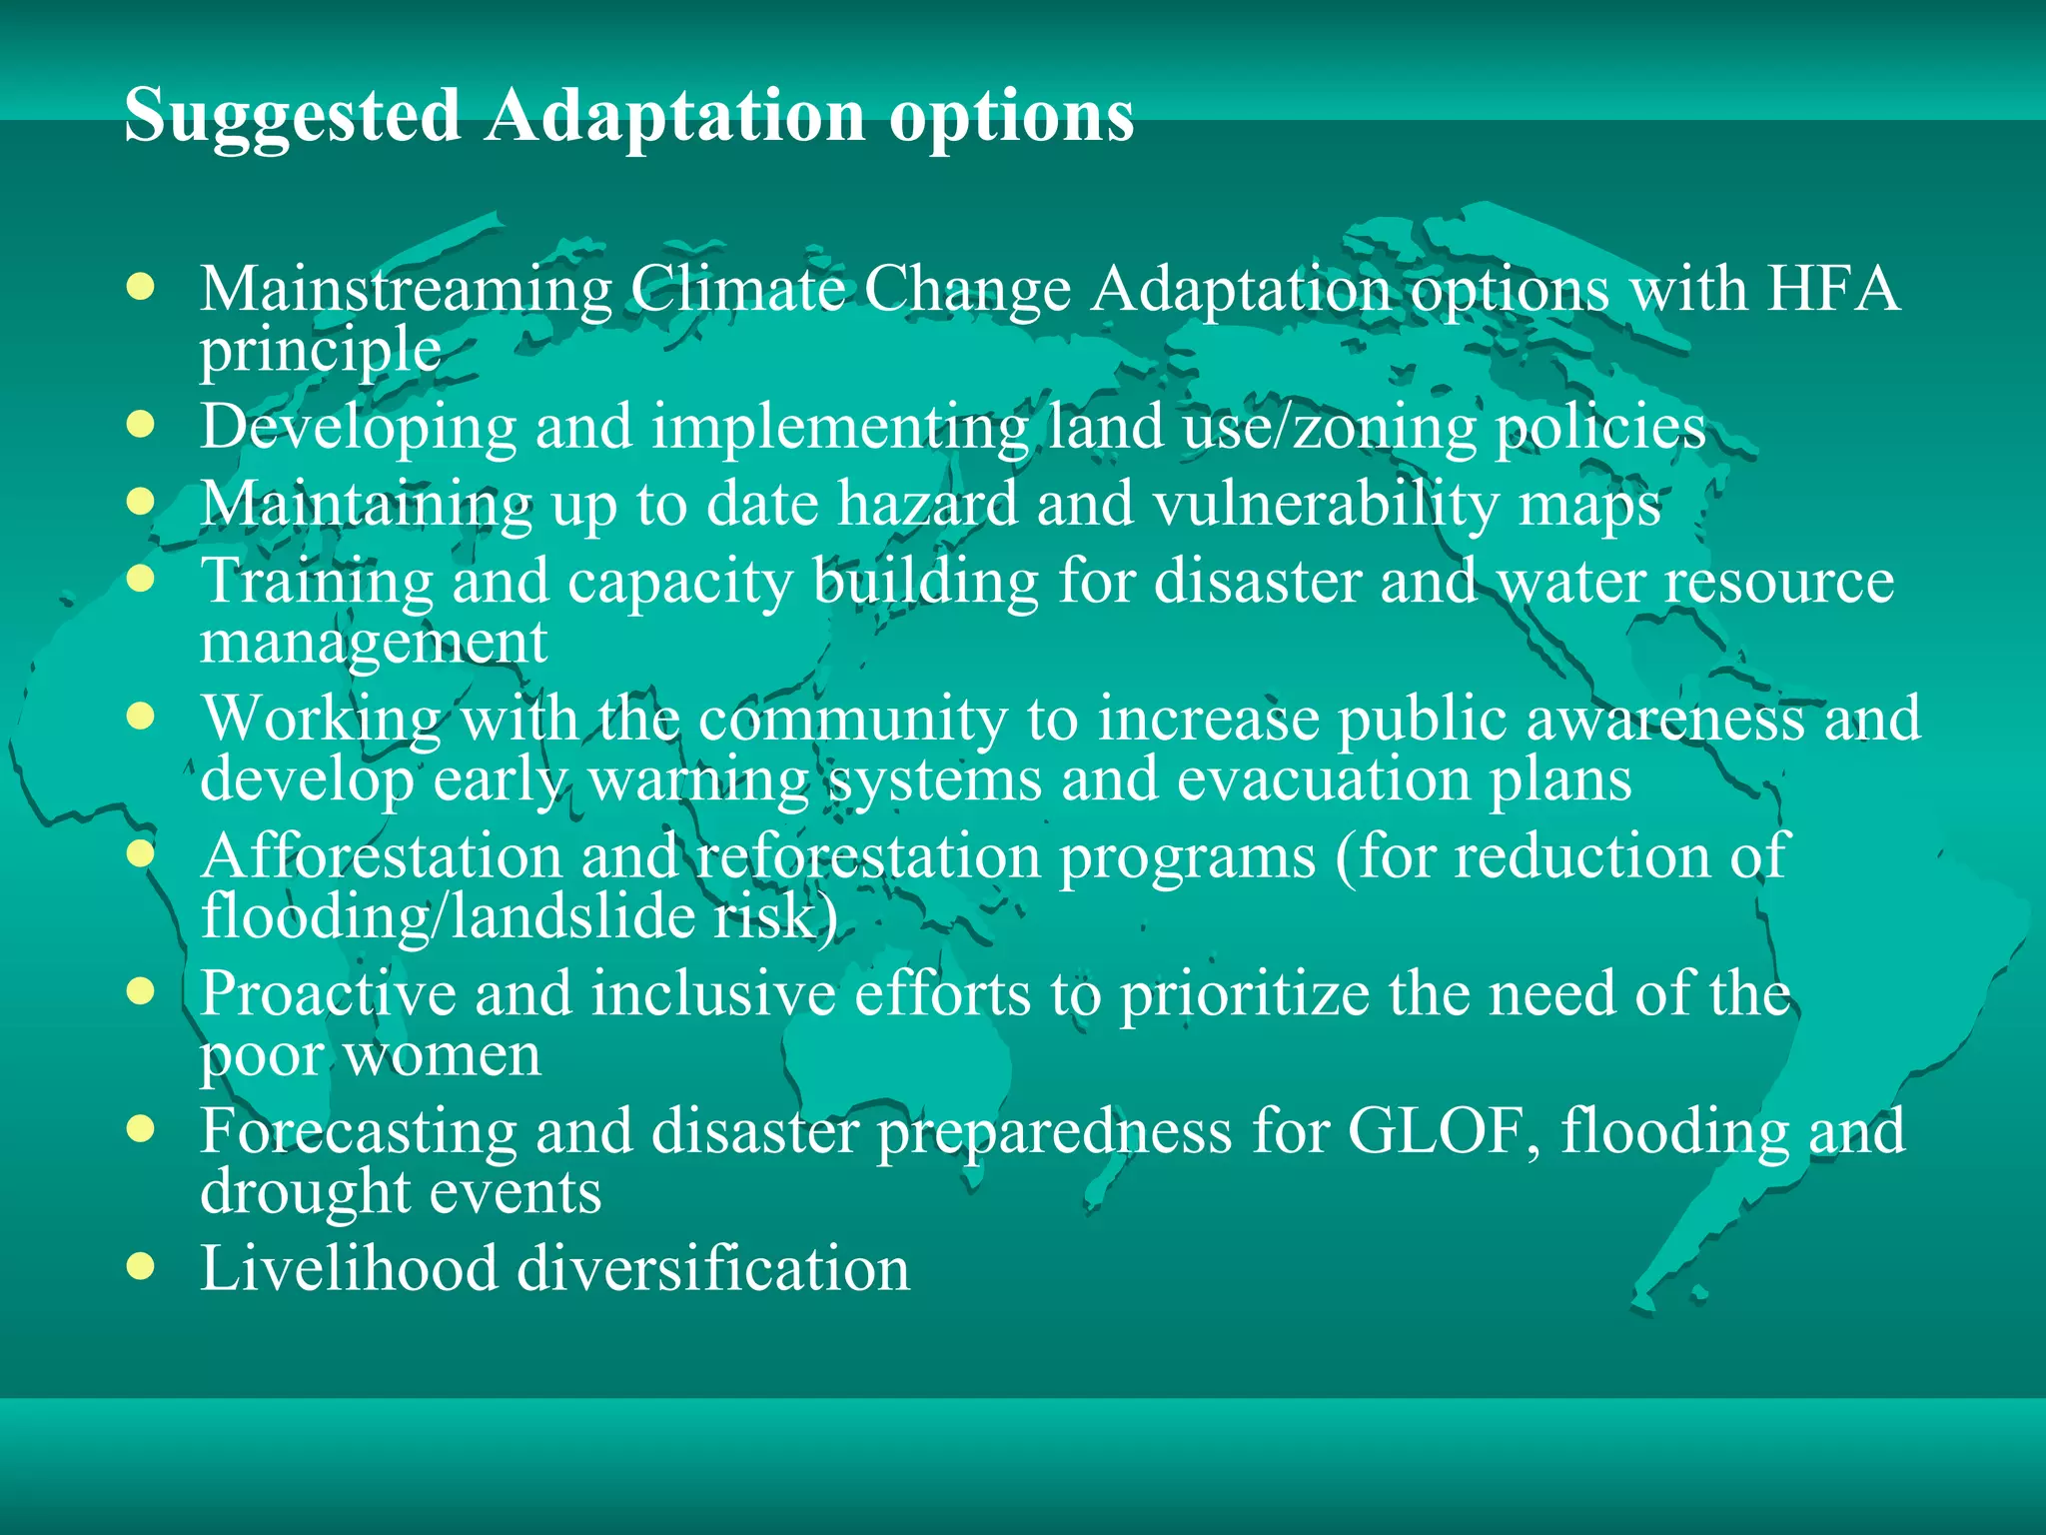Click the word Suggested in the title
pos(292,117)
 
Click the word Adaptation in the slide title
pos(675,115)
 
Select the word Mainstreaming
pos(406,290)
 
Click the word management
pos(374,642)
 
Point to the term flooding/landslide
pos(448,916)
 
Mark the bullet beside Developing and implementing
pos(141,424)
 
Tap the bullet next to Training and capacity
pos(141,578)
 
